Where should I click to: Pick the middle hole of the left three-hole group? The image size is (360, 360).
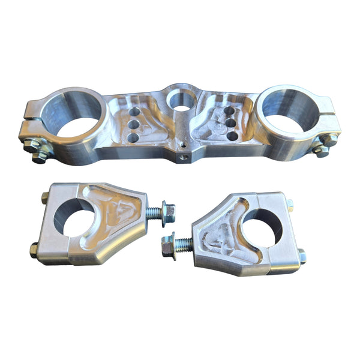coord(133,124)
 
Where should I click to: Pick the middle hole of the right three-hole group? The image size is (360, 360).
coord(229,122)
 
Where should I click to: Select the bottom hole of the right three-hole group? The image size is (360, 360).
coord(231,135)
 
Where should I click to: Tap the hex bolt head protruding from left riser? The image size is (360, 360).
coord(169,212)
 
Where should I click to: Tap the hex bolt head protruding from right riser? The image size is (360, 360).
coord(168,245)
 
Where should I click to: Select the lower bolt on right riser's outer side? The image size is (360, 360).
coord(302,257)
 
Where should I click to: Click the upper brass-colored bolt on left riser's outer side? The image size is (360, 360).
coord(45,197)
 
